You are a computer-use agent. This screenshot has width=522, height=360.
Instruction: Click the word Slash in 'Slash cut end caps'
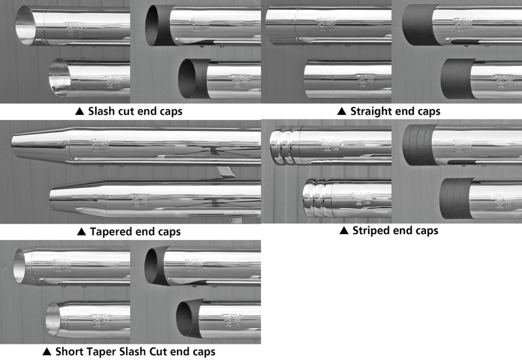103,111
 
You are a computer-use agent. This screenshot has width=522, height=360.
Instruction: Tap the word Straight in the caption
372,111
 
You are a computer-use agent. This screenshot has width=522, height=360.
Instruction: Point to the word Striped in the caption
371,230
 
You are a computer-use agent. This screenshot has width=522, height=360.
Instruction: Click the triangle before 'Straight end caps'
341,111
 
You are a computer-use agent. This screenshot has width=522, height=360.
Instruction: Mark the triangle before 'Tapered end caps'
81,232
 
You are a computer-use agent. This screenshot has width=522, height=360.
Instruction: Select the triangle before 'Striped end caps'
344,230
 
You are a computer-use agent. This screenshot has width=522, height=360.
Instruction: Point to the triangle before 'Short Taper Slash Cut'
46,352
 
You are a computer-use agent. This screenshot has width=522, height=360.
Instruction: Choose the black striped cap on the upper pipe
418,145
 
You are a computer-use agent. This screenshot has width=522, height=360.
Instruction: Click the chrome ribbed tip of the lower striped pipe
318,200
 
